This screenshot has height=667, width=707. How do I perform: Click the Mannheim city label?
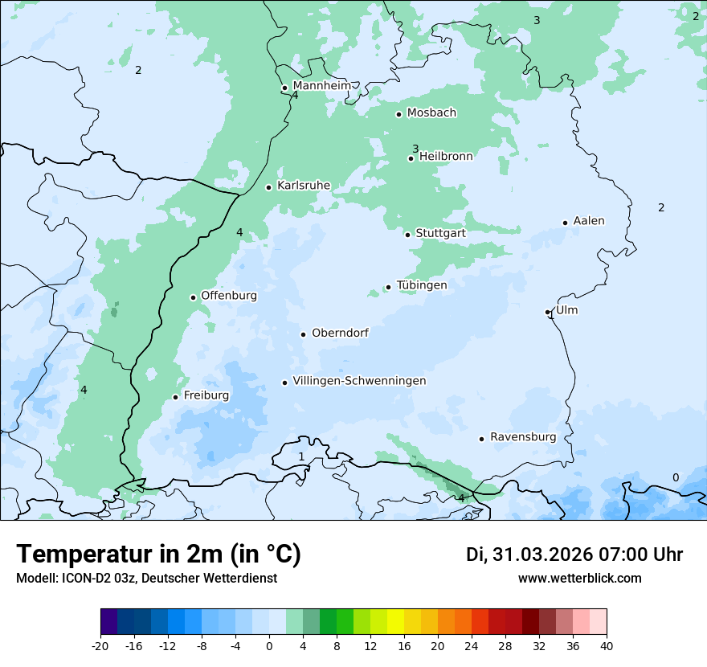click(x=321, y=85)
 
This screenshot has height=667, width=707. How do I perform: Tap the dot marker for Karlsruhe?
click(x=269, y=187)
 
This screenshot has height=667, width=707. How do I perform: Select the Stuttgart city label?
click(x=440, y=233)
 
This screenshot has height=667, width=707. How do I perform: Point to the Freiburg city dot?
click(x=175, y=397)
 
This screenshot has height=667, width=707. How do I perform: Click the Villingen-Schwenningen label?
click(x=359, y=381)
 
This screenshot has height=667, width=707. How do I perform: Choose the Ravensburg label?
click(x=523, y=437)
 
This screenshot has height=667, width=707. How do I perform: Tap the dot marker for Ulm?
click(x=547, y=312)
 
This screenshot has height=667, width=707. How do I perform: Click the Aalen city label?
click(x=589, y=221)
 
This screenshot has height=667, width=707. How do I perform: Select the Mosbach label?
click(x=431, y=113)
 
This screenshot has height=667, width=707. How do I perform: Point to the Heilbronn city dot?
click(x=411, y=158)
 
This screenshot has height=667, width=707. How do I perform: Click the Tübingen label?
click(x=422, y=285)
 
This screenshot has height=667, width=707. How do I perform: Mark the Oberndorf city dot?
click(x=303, y=334)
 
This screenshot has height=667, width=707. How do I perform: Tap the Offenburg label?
click(x=229, y=296)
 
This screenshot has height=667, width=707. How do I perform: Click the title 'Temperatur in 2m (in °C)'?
click(x=158, y=554)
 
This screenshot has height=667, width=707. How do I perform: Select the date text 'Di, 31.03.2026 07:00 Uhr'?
click(x=574, y=554)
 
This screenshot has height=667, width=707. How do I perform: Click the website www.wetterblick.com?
click(x=579, y=579)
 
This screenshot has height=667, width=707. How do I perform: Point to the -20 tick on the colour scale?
click(x=100, y=645)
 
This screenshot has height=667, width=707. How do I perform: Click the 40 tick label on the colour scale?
click(x=606, y=645)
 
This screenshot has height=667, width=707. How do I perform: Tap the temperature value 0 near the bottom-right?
click(x=675, y=477)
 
